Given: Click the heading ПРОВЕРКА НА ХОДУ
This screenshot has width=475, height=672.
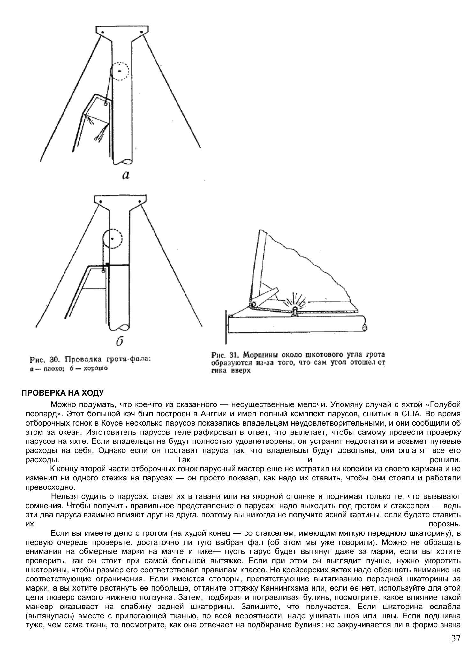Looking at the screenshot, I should tap(63, 393).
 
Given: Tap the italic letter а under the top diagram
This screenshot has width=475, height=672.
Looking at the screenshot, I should tap(126, 175).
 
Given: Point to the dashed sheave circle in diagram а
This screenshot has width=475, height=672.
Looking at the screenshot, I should tap(120, 71).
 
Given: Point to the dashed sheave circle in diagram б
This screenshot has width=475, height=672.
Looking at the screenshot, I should tap(112, 239).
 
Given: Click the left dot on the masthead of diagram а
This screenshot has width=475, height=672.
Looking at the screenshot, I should tap(103, 32).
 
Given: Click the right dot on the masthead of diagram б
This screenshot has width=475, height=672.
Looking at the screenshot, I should tap(139, 202).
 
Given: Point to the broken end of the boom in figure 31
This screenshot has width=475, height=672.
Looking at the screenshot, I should tap(364, 327).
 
